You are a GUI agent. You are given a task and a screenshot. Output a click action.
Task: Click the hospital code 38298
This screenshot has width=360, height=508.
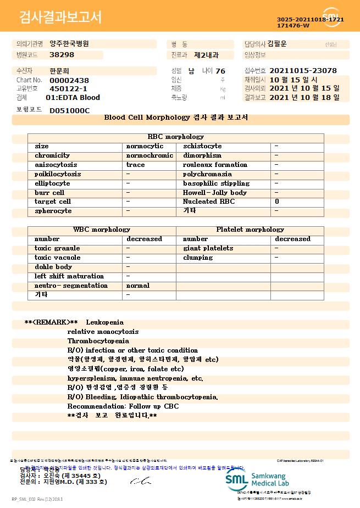(x=62, y=55)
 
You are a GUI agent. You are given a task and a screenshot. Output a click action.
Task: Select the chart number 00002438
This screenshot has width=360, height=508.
(x=69, y=80)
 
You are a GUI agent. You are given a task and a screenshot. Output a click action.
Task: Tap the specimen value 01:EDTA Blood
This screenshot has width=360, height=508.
(x=73, y=98)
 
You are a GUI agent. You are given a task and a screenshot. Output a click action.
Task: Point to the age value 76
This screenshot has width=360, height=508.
(x=220, y=71)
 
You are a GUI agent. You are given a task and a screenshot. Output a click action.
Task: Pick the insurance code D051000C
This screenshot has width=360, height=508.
(x=69, y=110)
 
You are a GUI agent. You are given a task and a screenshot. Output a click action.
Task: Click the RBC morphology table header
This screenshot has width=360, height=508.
(x=176, y=137)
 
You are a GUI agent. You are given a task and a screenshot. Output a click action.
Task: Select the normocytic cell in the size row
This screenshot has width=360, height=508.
(x=145, y=146)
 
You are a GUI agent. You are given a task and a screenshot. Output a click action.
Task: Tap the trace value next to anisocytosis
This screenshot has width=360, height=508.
(x=136, y=165)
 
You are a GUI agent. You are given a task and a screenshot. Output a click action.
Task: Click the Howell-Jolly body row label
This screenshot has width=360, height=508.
(x=214, y=193)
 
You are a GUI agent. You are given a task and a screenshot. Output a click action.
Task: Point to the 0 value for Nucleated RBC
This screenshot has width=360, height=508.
(x=277, y=202)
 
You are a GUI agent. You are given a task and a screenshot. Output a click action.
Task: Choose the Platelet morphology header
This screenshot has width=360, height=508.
(x=250, y=230)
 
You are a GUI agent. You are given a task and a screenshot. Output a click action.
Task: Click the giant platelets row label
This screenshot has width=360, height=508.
(x=208, y=248)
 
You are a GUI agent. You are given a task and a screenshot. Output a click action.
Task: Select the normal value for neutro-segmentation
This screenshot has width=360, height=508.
(x=138, y=286)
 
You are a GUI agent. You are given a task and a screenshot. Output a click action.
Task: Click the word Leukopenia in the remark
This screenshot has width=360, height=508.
(x=105, y=322)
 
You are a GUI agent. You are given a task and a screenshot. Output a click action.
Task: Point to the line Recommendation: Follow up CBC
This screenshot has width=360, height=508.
(x=123, y=406)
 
